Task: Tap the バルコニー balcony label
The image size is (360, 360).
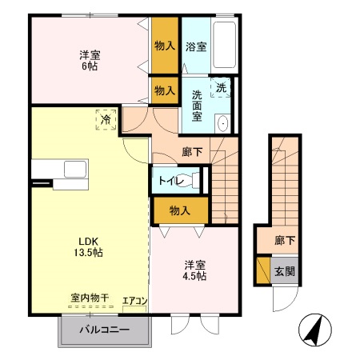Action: pyautogui.click(x=104, y=330)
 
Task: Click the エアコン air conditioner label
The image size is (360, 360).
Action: pyautogui.click(x=134, y=302)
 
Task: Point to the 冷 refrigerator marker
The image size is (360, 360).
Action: pyautogui.click(x=106, y=120)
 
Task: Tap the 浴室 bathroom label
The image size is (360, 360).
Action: pyautogui.click(x=195, y=46)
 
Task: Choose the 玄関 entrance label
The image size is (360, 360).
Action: pyautogui.click(x=285, y=271)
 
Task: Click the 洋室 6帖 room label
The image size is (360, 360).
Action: pyautogui.click(x=90, y=61)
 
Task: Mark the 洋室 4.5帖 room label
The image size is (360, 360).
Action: pyautogui.click(x=194, y=270)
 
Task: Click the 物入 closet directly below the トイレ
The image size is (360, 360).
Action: pyautogui.click(x=180, y=210)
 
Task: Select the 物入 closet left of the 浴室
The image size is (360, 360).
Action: pyautogui.click(x=165, y=46)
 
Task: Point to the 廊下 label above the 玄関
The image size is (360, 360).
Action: pyautogui.click(x=285, y=240)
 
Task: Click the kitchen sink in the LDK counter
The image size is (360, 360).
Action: pyautogui.click(x=77, y=170)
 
